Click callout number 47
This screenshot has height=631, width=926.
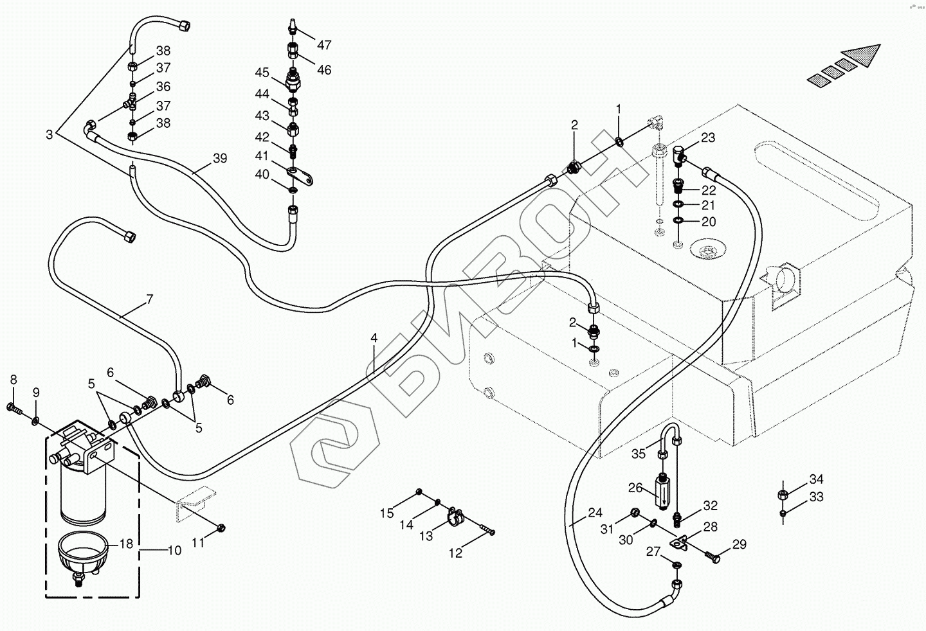pos(324,45)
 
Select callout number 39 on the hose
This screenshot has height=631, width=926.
pos(220,159)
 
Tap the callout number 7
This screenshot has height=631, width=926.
pos(149,299)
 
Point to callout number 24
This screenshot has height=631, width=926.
pos(595,513)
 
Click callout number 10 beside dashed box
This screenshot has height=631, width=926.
pos(175,551)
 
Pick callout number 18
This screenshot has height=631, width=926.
pos(126,544)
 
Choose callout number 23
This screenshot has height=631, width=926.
pos(708,138)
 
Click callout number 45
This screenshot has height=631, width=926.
pos(261,72)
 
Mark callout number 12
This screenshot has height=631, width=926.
pos(455,553)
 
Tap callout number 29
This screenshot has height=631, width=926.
pos(739,545)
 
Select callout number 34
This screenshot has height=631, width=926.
pos(816,479)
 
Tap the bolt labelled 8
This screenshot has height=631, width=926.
pos(14,407)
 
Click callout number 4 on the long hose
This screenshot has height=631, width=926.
pos(374,338)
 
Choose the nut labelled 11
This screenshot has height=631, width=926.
pos(220,528)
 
